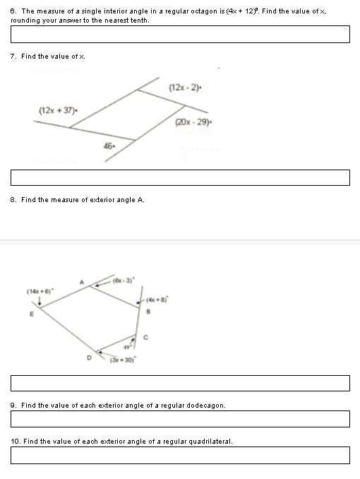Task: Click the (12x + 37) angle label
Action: [58, 110]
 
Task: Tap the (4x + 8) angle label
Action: [157, 297]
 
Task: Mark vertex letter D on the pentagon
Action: [89, 358]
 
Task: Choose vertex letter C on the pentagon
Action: [145, 336]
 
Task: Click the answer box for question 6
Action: [180, 34]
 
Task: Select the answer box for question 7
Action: [180, 177]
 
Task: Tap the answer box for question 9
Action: [180, 419]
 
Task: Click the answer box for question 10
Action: [180, 455]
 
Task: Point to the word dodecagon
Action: [205, 406]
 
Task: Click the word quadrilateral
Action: [210, 442]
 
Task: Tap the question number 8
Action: [13, 200]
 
